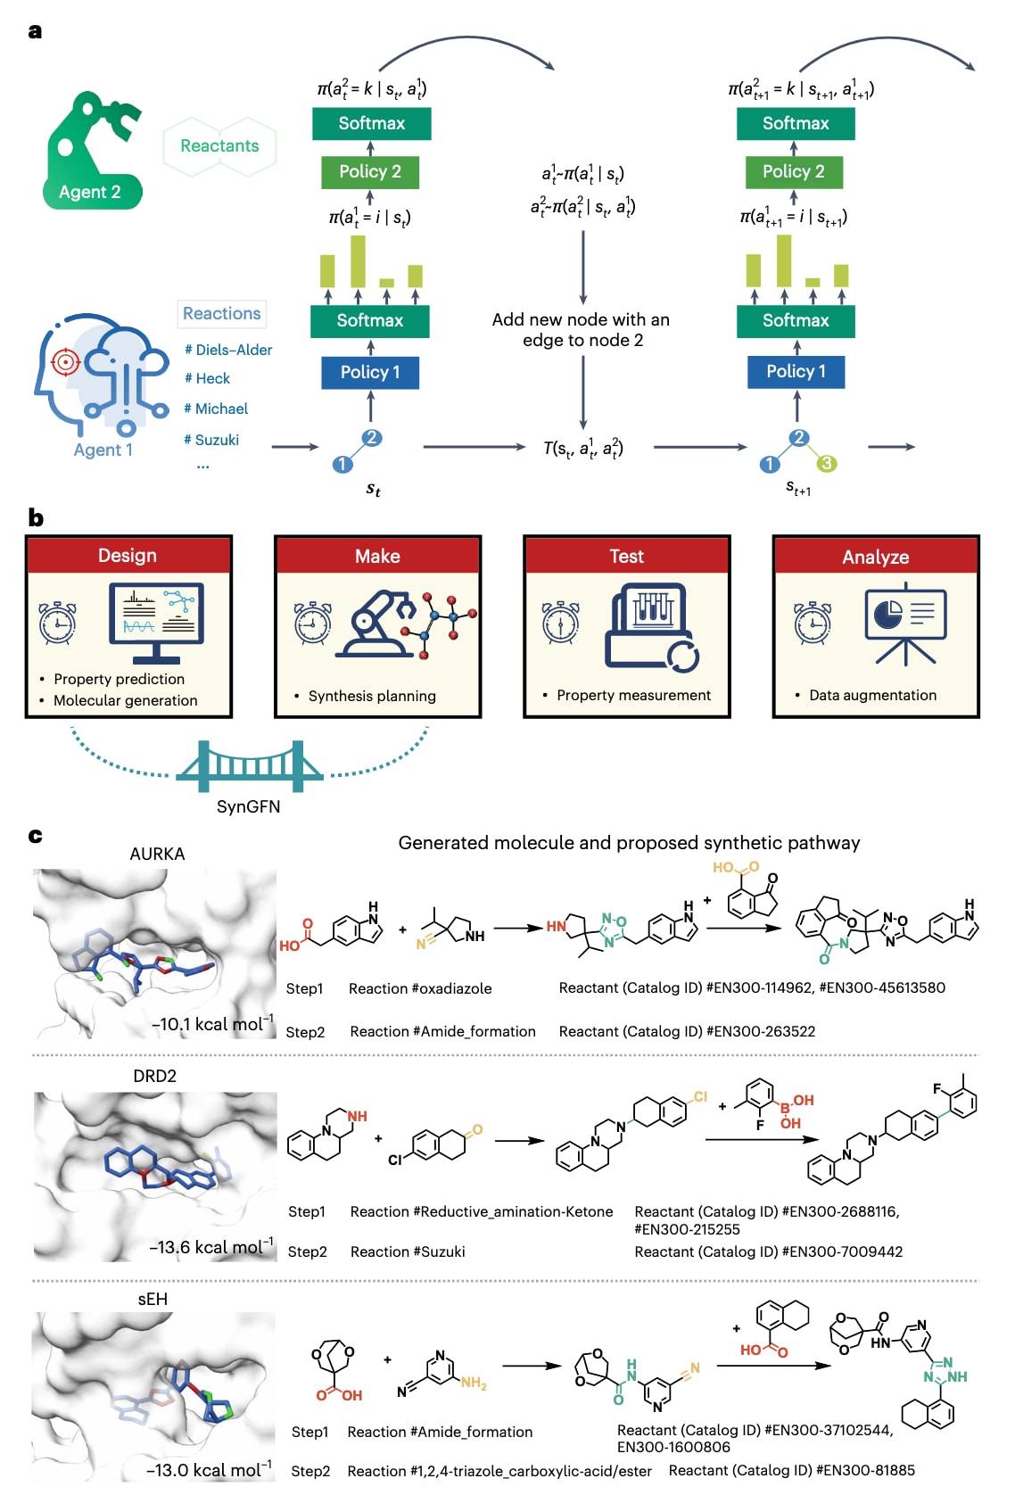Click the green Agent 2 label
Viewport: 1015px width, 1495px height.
89,192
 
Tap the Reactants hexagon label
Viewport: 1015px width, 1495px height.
219,145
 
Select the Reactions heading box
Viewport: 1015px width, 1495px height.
222,313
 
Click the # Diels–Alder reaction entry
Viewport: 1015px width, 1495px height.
228,350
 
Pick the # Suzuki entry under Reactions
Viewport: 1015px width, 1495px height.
211,440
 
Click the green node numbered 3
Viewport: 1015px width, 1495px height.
827,463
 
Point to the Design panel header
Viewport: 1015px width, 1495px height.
128,556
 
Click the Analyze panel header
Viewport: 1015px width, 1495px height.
876,557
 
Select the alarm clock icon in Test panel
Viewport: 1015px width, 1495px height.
560,622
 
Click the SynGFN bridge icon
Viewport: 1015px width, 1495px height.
249,766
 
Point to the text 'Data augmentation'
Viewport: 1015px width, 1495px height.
872,695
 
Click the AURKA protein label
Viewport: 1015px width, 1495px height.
157,854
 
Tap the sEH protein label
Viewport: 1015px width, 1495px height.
153,1299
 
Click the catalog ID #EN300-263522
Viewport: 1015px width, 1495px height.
761,1031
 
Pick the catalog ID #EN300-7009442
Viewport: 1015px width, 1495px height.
842,1251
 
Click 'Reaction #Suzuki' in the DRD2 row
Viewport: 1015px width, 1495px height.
408,1251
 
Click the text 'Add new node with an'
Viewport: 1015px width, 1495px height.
581,319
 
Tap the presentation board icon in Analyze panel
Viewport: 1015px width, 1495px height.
905,622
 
